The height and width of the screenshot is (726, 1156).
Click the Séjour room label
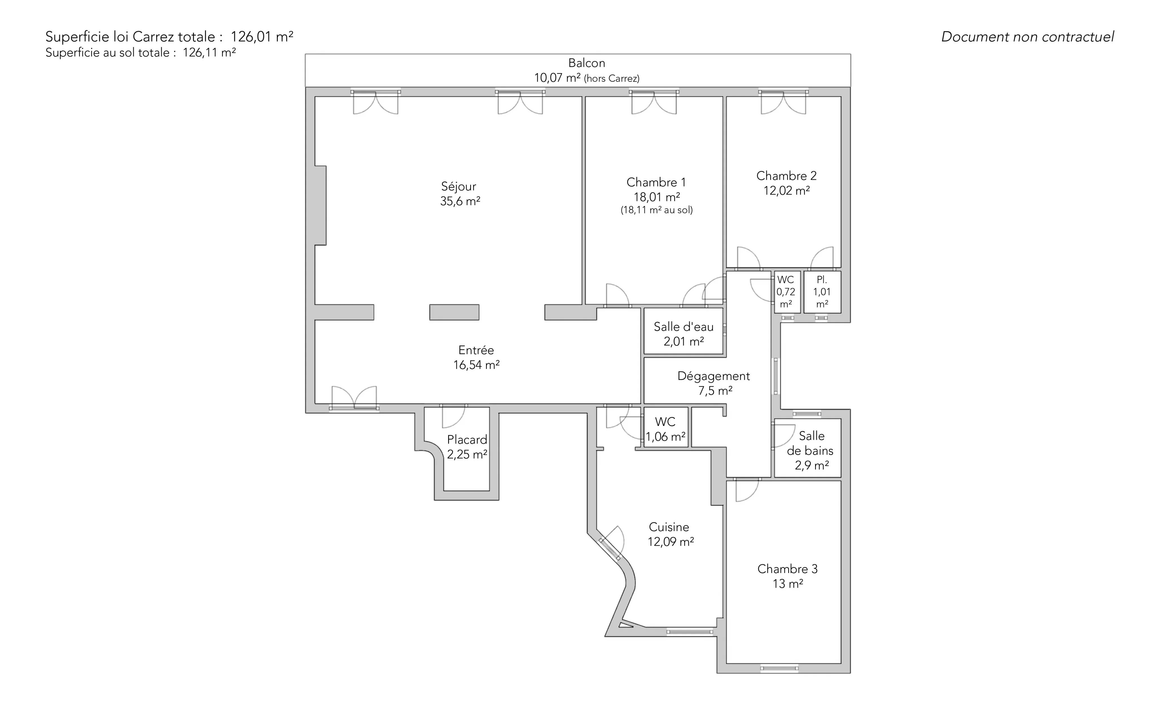tap(458, 186)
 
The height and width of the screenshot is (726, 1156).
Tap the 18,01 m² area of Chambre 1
tap(656, 197)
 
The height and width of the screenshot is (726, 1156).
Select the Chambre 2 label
tap(786, 176)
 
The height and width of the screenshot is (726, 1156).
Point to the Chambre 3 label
tap(787, 569)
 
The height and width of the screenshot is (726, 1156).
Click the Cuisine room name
tap(669, 527)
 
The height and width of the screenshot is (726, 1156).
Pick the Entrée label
tap(476, 350)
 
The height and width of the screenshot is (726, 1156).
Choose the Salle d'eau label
tap(684, 327)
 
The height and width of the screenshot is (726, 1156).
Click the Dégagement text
tap(713, 376)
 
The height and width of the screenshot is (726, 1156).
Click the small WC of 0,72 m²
tap(786, 292)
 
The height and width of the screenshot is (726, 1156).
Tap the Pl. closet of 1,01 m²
tap(822, 292)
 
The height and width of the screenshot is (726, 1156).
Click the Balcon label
tap(587, 63)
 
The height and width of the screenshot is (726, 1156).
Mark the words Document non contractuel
tap(1027, 37)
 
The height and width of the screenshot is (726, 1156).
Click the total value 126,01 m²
tap(262, 36)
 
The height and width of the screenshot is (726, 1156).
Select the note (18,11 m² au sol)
tap(656, 210)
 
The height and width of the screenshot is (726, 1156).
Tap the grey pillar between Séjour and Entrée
tap(454, 312)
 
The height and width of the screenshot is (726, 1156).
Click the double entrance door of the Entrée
tap(354, 399)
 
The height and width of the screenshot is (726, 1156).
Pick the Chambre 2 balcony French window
tap(783, 102)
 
